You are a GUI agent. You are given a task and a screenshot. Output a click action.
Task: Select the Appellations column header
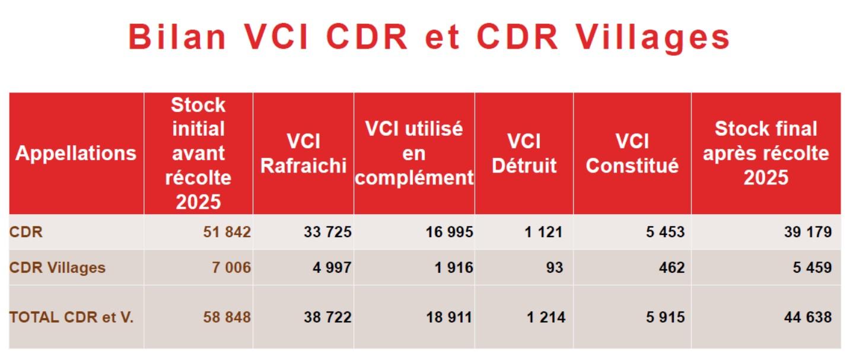point(76,154)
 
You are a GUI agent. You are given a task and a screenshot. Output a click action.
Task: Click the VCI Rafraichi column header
point(303,154)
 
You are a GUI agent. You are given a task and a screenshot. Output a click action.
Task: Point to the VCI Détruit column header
point(524,154)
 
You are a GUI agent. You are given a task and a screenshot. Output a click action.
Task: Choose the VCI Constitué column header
point(632,154)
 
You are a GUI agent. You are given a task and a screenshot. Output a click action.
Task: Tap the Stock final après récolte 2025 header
point(766,154)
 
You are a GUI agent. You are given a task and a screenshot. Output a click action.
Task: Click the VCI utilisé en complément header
point(414,154)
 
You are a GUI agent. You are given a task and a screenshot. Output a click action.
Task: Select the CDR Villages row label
point(57,267)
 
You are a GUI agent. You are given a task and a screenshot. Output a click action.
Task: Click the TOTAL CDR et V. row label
point(71,317)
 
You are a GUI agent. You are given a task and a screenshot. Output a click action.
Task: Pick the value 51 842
point(227,232)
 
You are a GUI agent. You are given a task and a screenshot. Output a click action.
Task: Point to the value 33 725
point(328,232)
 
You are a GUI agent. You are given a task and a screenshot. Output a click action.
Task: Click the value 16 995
point(449,232)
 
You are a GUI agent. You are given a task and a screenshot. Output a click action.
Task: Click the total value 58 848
point(227,317)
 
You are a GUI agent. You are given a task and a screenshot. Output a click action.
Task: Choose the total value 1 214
point(545,317)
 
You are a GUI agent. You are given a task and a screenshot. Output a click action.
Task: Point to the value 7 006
point(231,267)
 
